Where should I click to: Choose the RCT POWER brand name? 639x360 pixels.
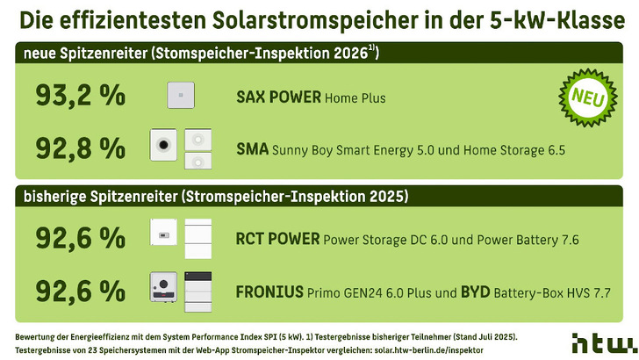(x=277, y=238)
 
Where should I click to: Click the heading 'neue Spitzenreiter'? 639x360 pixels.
(x=84, y=54)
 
